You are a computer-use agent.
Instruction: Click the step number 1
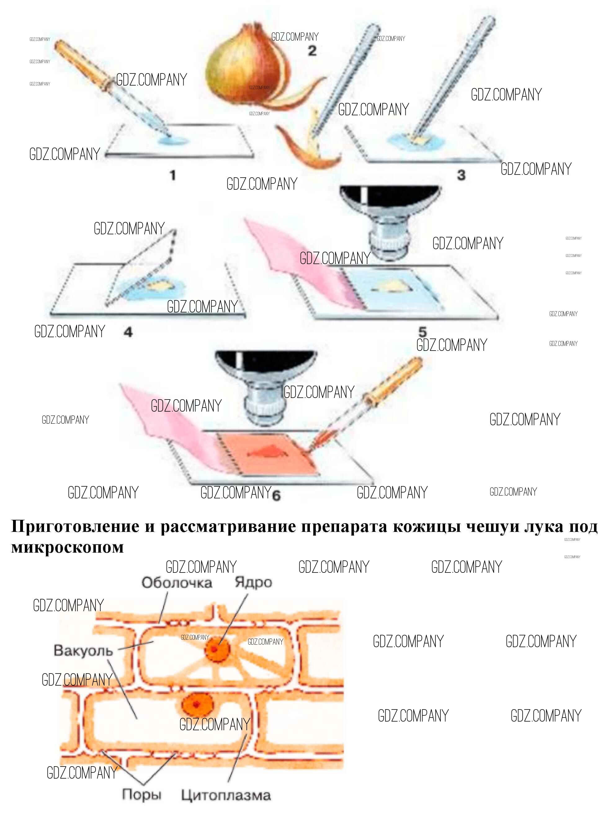pos(172,175)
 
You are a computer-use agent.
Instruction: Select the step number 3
pos(461,175)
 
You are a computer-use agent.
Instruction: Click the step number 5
pos(422,332)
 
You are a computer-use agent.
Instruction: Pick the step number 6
pos(276,495)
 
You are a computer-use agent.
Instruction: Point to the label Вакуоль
pos(83,651)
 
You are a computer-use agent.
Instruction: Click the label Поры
pos(141,795)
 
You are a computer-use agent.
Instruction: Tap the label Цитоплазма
pos(226,795)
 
